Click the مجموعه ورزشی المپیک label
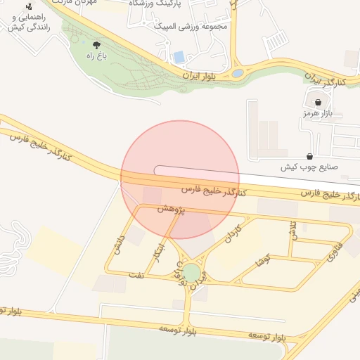point(193,27)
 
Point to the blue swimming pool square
point(179,56)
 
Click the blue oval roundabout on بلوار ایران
point(238,72)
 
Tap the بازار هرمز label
point(317,113)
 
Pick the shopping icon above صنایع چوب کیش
point(310,156)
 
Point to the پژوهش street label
point(170,210)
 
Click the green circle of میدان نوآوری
point(191,271)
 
